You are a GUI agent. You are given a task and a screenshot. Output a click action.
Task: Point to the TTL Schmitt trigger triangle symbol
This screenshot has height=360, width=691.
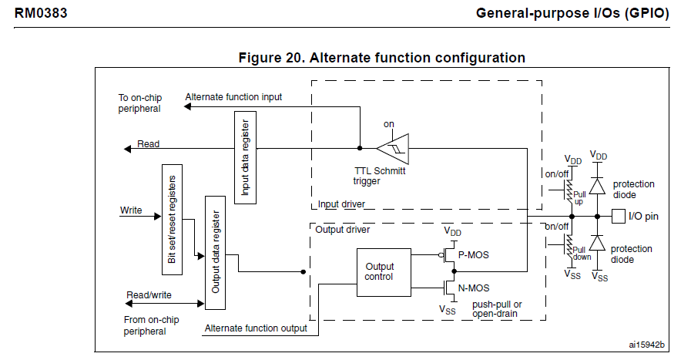point(393,148)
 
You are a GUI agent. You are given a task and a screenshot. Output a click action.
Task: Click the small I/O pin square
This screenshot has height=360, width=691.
point(618,217)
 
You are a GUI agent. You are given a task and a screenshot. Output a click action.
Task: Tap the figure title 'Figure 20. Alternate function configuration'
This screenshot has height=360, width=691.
point(382,58)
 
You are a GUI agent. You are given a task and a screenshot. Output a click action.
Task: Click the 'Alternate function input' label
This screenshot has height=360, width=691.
point(233,97)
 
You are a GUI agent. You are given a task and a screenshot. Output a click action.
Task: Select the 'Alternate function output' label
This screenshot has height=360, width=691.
point(256,328)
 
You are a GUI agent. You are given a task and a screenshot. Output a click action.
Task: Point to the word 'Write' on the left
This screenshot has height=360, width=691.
point(131,210)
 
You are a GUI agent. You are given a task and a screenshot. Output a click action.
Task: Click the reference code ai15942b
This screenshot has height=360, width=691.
point(646,344)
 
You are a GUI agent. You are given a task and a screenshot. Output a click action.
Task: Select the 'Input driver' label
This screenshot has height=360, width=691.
point(341,204)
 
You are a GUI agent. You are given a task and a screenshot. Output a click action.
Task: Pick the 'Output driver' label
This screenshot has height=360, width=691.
point(343,229)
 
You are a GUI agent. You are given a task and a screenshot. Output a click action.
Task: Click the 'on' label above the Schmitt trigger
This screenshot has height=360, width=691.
point(389,124)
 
